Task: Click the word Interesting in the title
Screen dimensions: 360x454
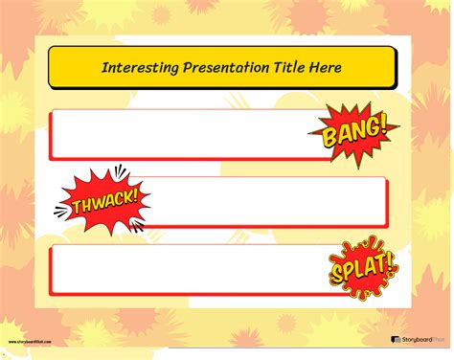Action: pos(135,67)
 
